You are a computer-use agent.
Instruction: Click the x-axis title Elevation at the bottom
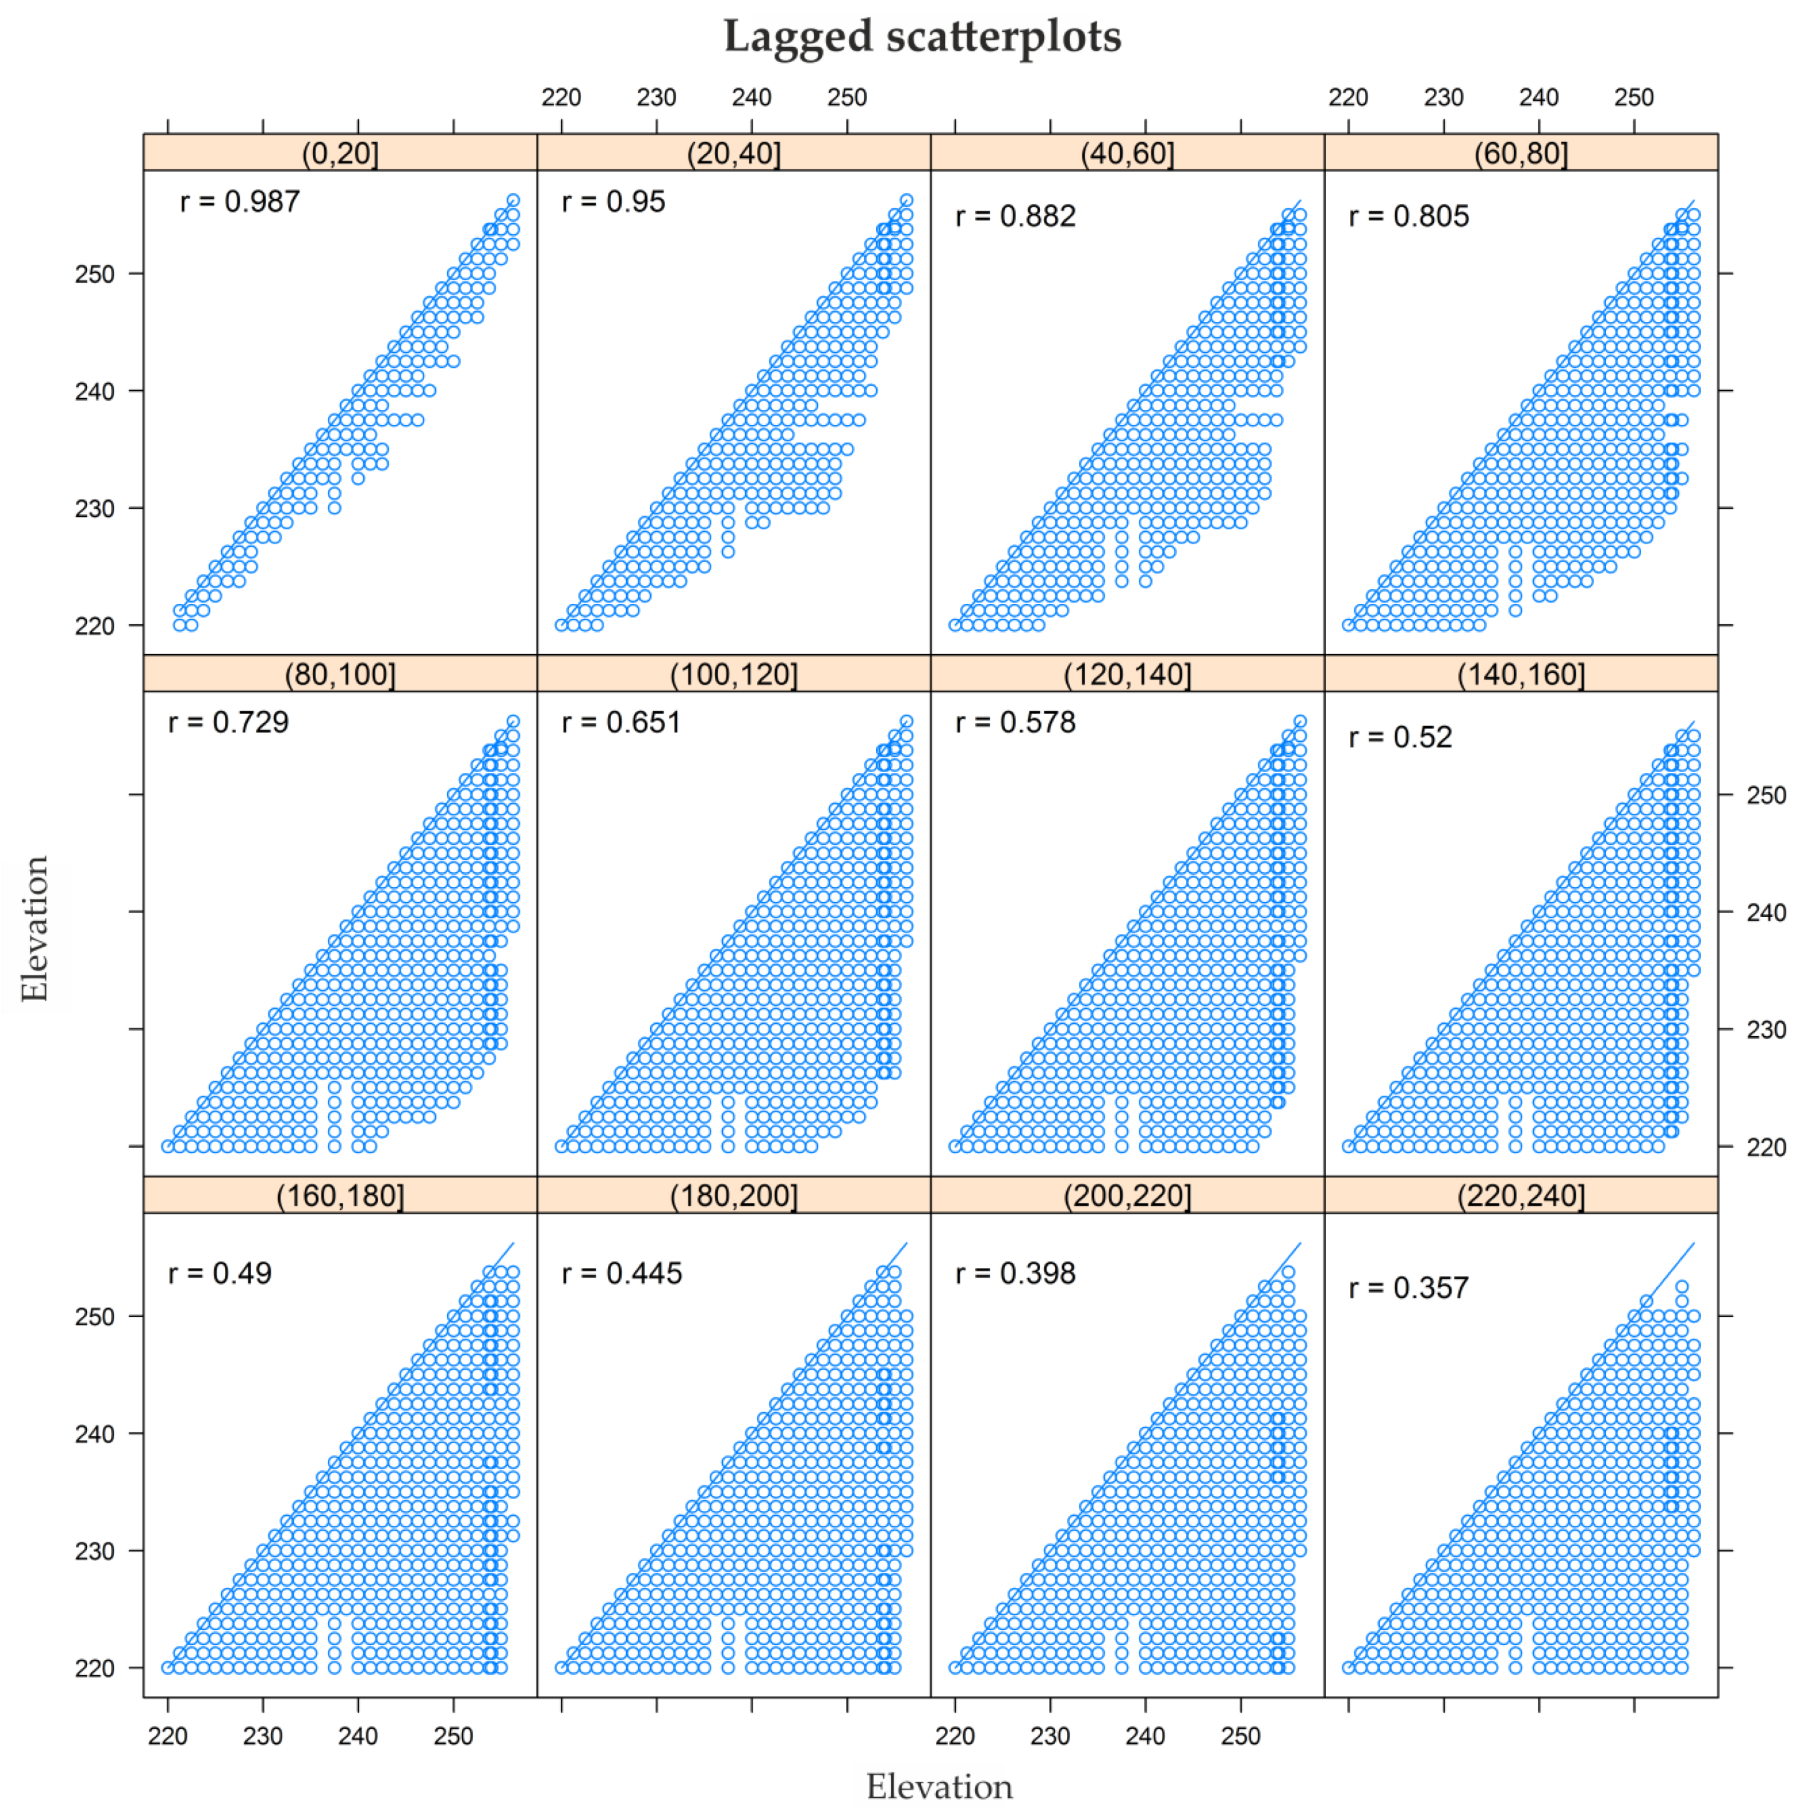tap(939, 1786)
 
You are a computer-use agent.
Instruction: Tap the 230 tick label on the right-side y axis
tap(1765, 1030)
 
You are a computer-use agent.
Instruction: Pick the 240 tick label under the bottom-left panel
tap(358, 1736)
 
